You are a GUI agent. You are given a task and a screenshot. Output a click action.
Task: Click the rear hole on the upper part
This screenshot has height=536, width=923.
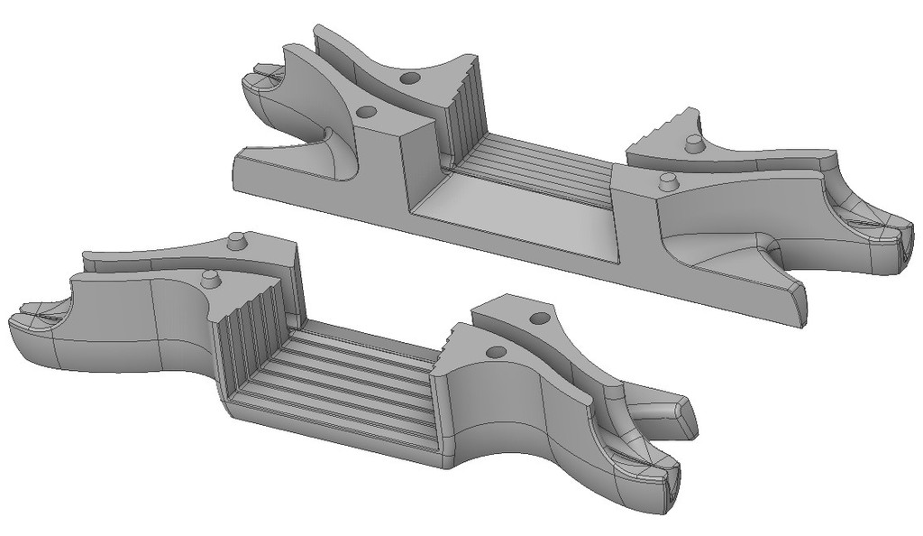pos(408,79)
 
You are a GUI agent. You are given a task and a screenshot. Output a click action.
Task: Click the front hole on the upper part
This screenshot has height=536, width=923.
pos(366,112)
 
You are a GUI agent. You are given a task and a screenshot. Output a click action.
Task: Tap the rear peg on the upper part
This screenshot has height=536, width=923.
pos(692,143)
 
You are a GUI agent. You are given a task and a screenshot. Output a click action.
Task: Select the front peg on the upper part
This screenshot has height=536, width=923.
pos(667,180)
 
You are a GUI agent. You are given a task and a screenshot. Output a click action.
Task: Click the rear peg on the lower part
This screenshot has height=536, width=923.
pos(236,241)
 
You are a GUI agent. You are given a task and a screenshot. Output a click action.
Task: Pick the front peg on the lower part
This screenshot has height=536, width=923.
pos(210,277)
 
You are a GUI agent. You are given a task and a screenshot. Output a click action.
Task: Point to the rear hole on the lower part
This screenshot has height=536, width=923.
pos(539,319)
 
